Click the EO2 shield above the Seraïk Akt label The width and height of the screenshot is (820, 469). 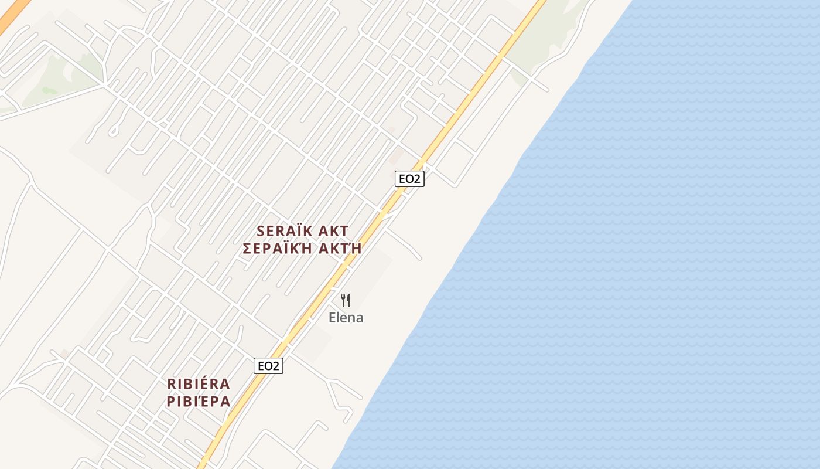point(409,179)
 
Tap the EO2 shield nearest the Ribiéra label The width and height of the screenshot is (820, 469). point(268,366)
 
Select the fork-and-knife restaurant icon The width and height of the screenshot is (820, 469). point(346,300)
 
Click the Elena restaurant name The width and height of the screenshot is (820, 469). point(346,318)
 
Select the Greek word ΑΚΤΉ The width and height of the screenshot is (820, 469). point(340,249)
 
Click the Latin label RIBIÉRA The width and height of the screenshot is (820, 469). point(199,384)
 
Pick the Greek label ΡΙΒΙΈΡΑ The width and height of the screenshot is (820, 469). point(199,402)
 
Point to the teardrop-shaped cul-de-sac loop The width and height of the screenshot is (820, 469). point(114,130)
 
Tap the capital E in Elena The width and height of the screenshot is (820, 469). point(332,318)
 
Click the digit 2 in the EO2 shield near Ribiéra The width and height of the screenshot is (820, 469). point(276,366)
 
